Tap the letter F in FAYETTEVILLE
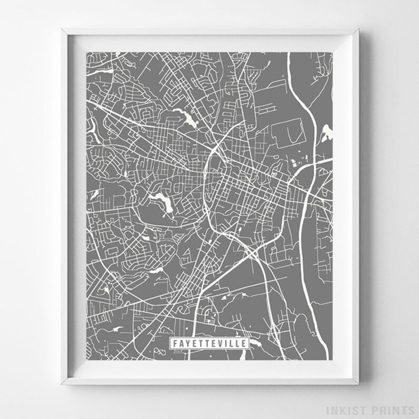(x=175, y=344)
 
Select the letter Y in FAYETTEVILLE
(x=187, y=344)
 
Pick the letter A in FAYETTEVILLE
(x=180, y=344)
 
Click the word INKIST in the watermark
(x=358, y=410)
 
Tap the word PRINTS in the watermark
(x=395, y=410)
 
